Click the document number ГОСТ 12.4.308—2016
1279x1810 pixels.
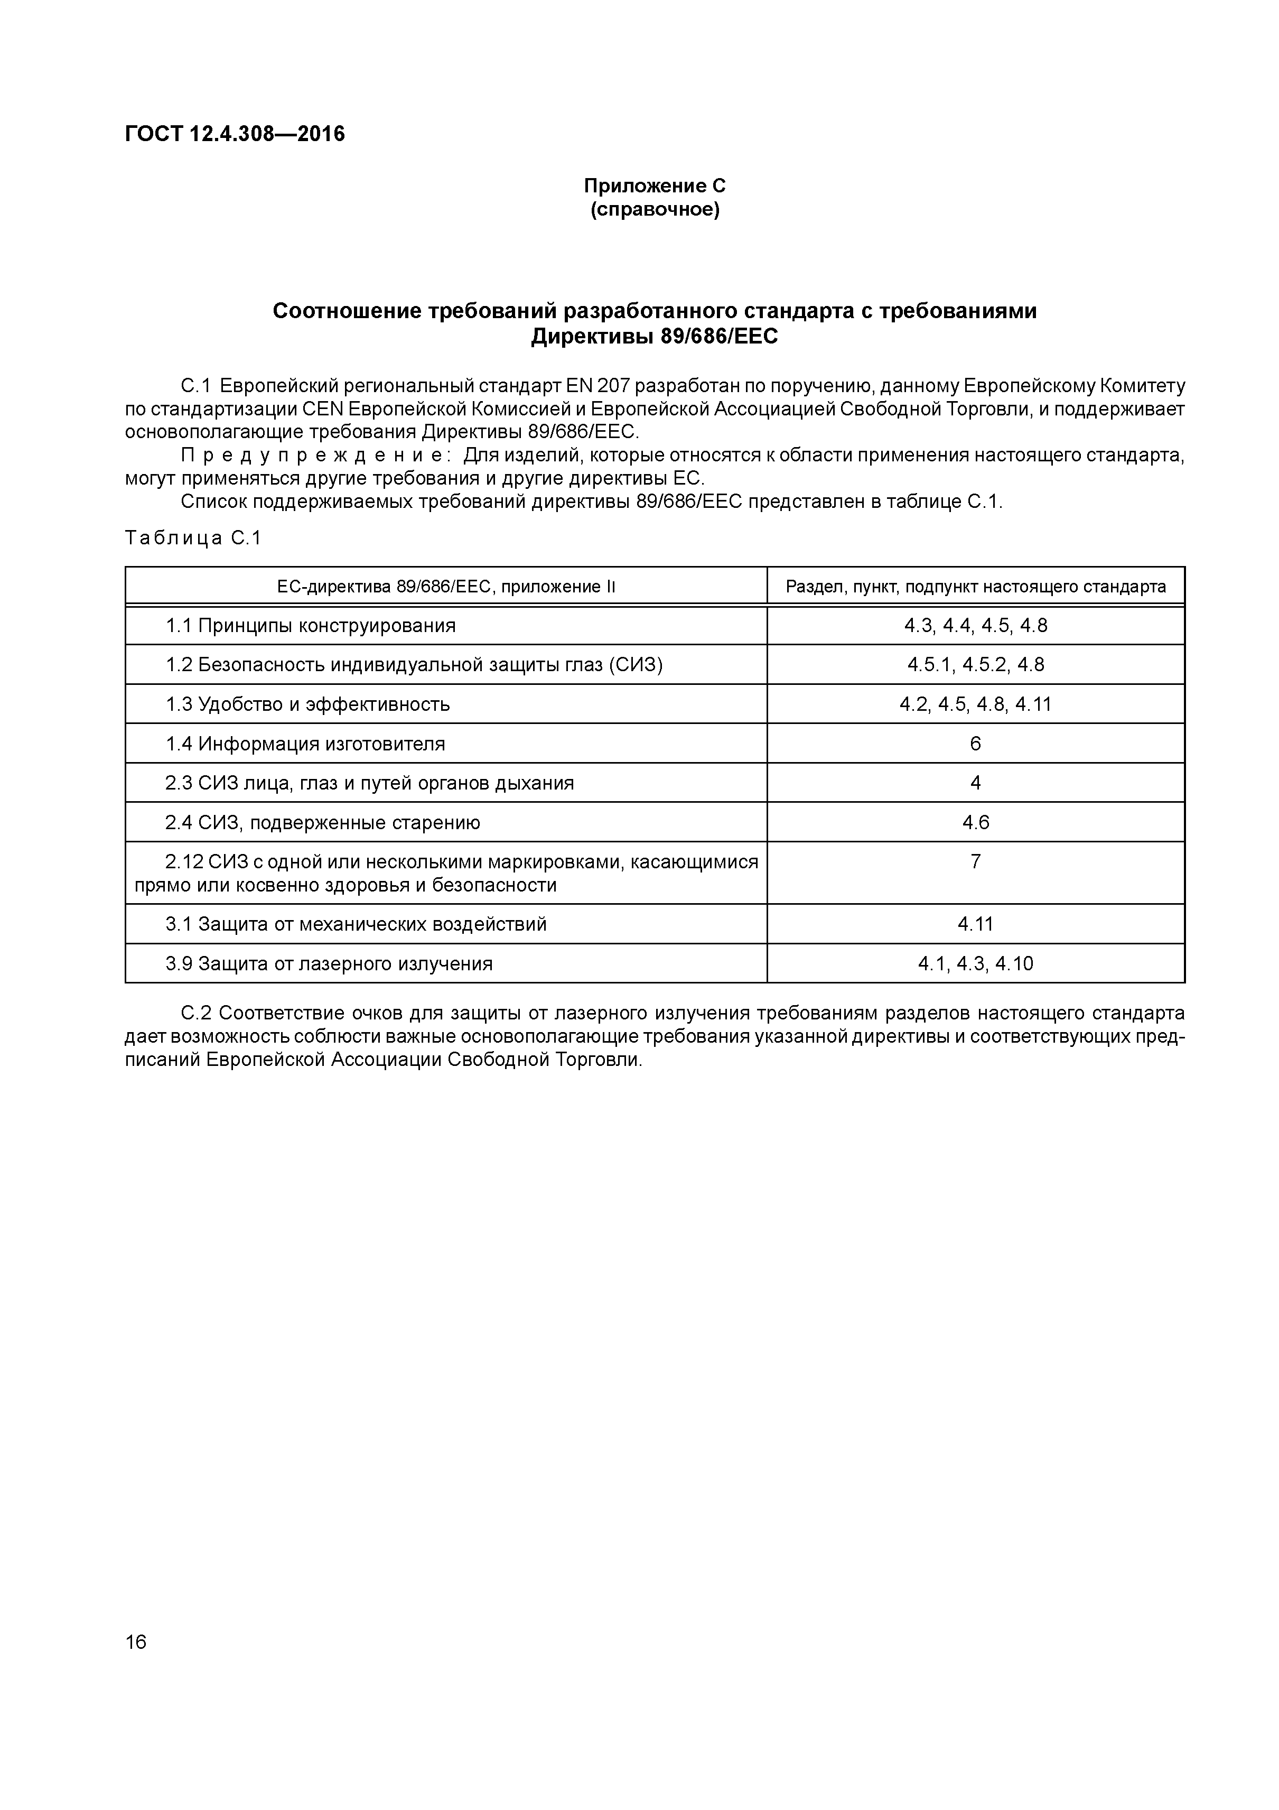[235, 134]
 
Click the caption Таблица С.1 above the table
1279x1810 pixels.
[193, 539]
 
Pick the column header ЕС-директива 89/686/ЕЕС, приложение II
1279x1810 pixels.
[446, 587]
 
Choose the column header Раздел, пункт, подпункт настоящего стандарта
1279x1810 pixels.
[976, 587]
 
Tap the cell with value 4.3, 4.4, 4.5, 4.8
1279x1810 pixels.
[976, 626]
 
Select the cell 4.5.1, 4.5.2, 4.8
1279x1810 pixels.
[976, 665]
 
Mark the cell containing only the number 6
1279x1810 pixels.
[976, 744]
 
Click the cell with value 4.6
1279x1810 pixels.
[976, 822]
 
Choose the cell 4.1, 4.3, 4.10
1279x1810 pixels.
[976, 963]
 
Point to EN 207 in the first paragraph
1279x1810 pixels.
[598, 386]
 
